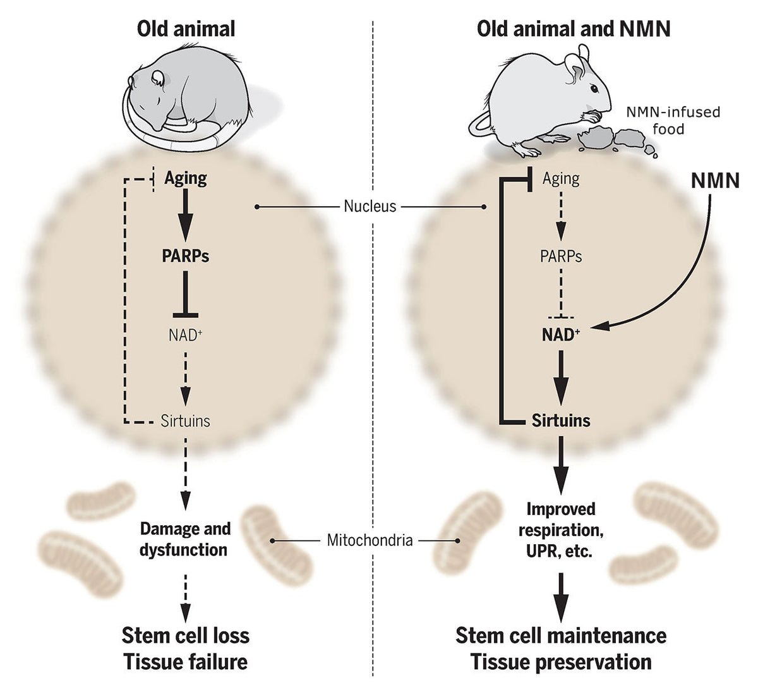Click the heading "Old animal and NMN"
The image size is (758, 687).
coord(574,29)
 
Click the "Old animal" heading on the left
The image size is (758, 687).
coord(186,29)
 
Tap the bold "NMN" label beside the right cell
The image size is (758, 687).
coord(715,181)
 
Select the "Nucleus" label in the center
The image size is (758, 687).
coord(370,206)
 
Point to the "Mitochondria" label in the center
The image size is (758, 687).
coord(370,540)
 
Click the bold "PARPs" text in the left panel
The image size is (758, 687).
coord(185,256)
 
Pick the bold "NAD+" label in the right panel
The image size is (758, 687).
coord(561,335)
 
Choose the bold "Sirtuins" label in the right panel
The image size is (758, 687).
coord(561,420)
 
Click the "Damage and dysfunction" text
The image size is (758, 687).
coord(184,539)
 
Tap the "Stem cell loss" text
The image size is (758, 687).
coord(186,635)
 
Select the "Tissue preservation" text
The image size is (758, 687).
coord(561,662)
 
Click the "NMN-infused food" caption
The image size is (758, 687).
coord(673,120)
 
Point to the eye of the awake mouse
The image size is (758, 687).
coord(593,87)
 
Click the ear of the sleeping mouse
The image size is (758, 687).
coord(158,78)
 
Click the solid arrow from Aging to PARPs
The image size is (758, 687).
coord(185,215)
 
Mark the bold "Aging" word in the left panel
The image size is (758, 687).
coord(186,178)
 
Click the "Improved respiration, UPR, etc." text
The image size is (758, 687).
coord(561,530)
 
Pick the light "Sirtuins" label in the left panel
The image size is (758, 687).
coord(186,420)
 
